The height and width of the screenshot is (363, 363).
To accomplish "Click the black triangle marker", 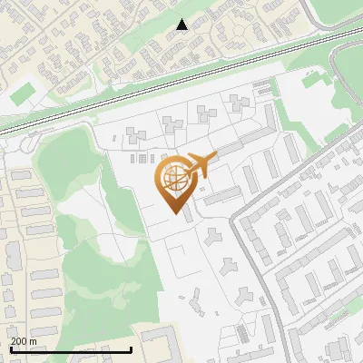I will (x=182, y=25).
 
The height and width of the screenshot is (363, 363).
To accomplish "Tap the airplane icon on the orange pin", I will (x=200, y=166).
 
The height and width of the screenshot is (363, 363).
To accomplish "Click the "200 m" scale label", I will (x=24, y=341).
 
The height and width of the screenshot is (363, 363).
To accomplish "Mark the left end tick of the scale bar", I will (x=10, y=348).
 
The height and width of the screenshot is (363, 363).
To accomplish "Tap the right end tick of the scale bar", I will (x=132, y=348).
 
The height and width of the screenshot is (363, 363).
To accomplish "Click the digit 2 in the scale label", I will (x=14, y=341).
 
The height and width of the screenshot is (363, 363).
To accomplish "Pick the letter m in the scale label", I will (x=33, y=342).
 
